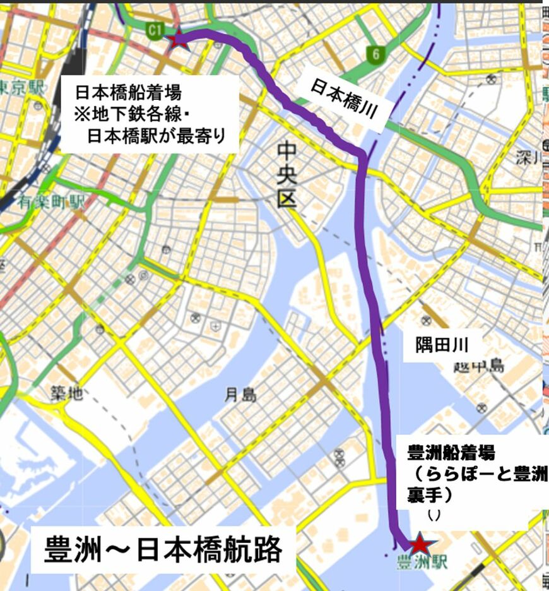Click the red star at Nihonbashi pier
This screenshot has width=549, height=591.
[x=178, y=39]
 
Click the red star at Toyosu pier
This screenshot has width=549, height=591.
[x=418, y=544]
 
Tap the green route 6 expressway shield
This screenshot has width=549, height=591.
[x=375, y=56]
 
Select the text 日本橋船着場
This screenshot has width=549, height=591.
[x=128, y=93]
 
